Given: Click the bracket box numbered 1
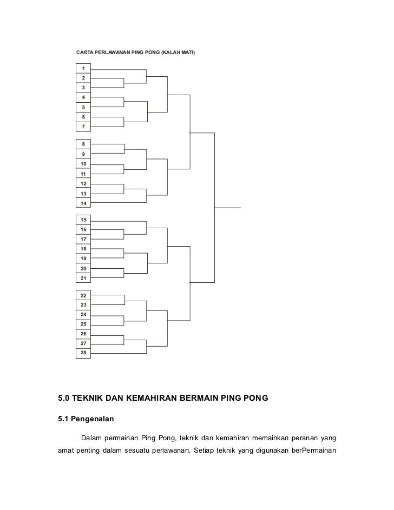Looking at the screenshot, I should pyautogui.click(x=83, y=68).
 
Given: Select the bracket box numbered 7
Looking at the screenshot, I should pyautogui.click(x=83, y=127).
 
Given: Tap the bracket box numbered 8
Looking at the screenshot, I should pyautogui.click(x=83, y=144).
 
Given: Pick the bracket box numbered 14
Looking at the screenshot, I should pyautogui.click(x=83, y=203).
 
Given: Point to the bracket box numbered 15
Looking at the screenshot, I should pyautogui.click(x=83, y=220).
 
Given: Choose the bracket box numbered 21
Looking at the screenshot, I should pyautogui.click(x=83, y=279).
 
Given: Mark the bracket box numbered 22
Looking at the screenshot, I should pyautogui.click(x=83, y=295).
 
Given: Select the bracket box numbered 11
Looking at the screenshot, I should pyautogui.click(x=83, y=174).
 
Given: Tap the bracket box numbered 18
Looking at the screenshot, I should pyautogui.click(x=83, y=249).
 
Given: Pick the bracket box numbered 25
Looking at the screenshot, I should pyautogui.click(x=83, y=324).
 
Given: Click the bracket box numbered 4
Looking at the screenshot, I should pyautogui.click(x=83, y=97).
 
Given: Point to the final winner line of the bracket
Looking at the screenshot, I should pyautogui.click(x=228, y=208).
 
